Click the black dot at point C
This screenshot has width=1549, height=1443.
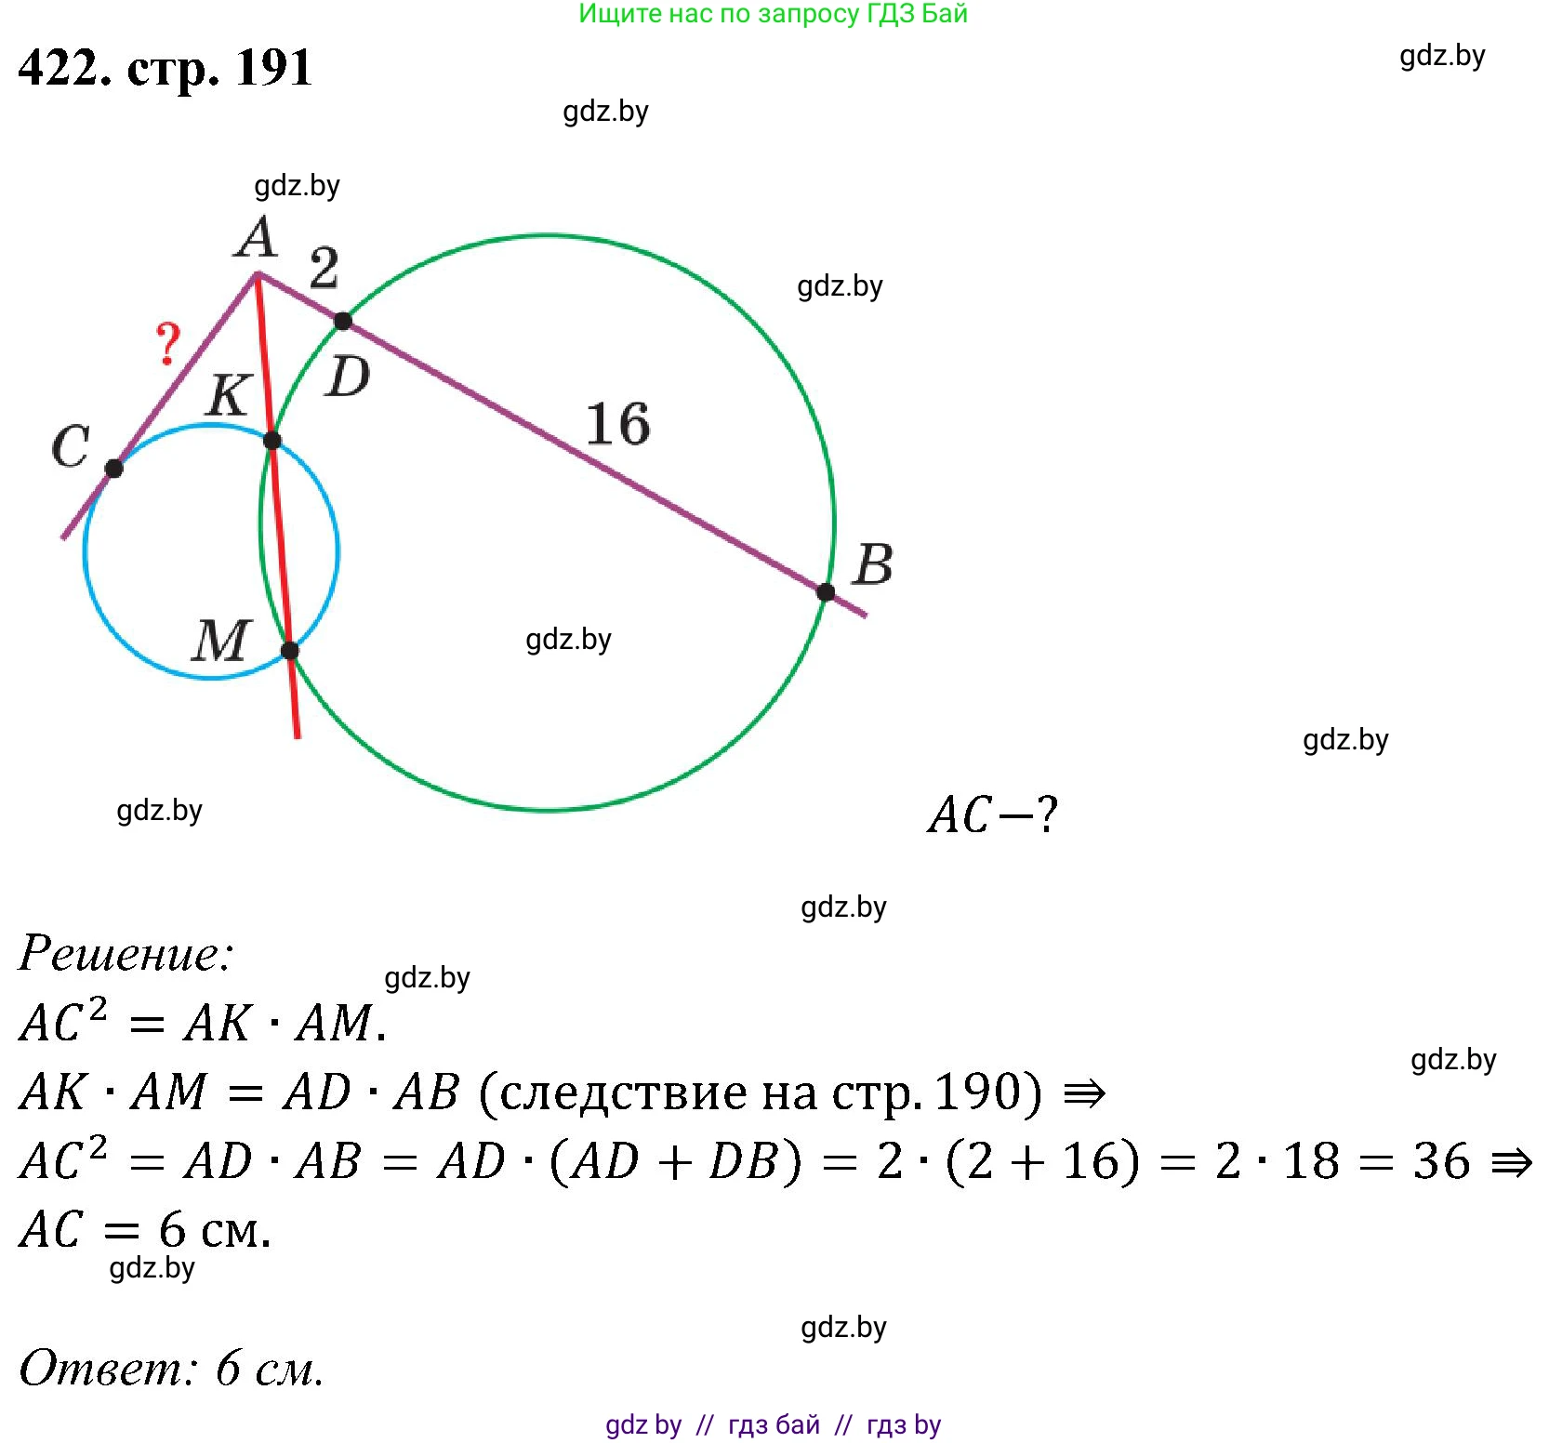click(x=113, y=469)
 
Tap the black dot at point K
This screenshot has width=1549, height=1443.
click(x=272, y=441)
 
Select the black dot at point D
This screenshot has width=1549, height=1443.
click(x=343, y=321)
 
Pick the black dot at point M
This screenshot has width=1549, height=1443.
click(x=290, y=651)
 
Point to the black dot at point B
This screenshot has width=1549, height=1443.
click(x=826, y=592)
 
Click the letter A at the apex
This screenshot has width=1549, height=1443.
click(x=256, y=237)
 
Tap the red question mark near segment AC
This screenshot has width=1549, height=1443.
click(x=167, y=343)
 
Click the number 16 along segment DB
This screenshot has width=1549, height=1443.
click(x=617, y=424)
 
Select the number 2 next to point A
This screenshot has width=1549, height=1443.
click(x=324, y=269)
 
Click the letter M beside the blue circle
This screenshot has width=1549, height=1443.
click(x=221, y=641)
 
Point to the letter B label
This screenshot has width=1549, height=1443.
click(x=873, y=564)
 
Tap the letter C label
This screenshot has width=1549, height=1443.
click(x=71, y=446)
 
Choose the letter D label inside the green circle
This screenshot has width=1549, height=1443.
click(x=348, y=377)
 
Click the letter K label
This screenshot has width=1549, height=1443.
click(x=228, y=395)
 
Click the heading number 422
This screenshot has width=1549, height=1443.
click(x=62, y=67)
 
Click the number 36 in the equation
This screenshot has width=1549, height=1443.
click(x=1441, y=1161)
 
